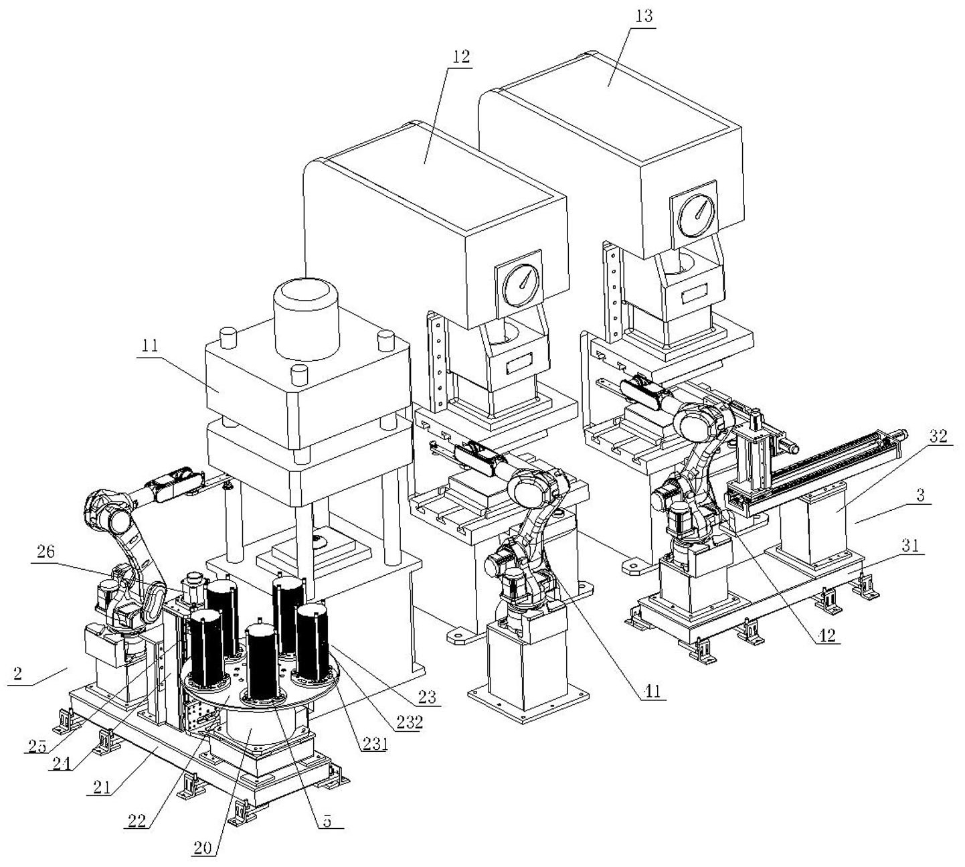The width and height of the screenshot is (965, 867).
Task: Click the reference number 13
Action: [x=642, y=15]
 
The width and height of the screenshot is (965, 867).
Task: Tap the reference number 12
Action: [x=460, y=56]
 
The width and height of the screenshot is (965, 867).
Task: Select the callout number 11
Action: [x=150, y=345]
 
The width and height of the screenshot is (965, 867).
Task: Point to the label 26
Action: [x=46, y=552]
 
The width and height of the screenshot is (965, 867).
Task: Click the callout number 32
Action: [x=938, y=436]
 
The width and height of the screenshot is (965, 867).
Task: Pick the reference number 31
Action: [x=909, y=545]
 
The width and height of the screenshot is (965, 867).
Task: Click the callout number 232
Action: [x=408, y=723]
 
